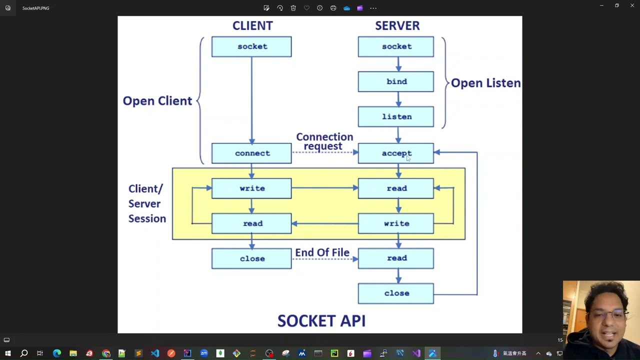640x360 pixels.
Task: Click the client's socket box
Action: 251,46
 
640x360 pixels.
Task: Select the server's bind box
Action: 396,81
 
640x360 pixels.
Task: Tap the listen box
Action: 396,116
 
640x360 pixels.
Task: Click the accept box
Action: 396,153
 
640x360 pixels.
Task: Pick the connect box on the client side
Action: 251,153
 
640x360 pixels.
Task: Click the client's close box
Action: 251,258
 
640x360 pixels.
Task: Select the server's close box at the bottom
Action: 396,293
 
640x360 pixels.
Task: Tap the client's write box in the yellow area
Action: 251,188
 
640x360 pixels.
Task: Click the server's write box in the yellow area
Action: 396,223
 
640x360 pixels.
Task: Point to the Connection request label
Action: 324,141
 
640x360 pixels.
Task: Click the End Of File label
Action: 322,252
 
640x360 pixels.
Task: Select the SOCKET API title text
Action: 321,320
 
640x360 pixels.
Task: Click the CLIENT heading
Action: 252,25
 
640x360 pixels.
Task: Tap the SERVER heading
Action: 397,25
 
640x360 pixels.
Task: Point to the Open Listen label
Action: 485,83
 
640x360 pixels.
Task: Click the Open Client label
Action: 157,101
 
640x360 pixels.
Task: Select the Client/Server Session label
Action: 146,203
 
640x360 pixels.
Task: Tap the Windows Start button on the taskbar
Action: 7,353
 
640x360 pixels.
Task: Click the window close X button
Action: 632,5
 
